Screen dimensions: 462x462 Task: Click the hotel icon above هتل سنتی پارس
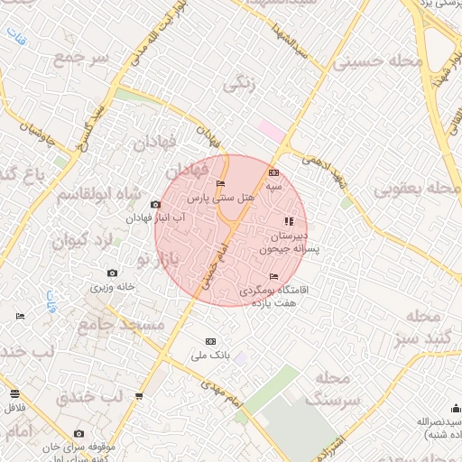pyautogui.click(x=221, y=185)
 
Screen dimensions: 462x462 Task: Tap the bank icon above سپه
pyautogui.click(x=274, y=173)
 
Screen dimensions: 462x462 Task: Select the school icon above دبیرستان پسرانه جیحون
pyautogui.click(x=289, y=221)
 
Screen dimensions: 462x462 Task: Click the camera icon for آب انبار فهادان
pyautogui.click(x=155, y=206)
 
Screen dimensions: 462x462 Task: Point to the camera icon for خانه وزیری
pyautogui.click(x=112, y=273)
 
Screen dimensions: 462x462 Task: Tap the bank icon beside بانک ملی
pyautogui.click(x=211, y=341)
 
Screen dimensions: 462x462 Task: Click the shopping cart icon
pyautogui.click(x=139, y=396)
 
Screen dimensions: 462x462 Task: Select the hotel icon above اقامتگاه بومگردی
pyautogui.click(x=274, y=277)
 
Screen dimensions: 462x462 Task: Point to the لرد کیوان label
pyautogui.click(x=80, y=241)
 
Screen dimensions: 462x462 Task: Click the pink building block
pyautogui.click(x=270, y=130)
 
